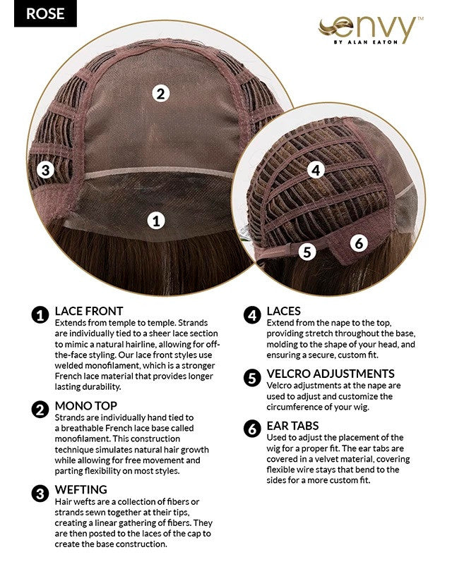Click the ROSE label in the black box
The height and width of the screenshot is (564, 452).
[45, 13]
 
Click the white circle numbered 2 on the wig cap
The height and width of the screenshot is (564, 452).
[160, 94]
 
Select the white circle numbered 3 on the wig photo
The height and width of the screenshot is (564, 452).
[45, 169]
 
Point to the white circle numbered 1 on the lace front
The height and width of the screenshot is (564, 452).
[156, 221]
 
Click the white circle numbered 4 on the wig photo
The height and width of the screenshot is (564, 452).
[316, 170]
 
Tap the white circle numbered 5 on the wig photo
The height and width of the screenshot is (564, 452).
[307, 252]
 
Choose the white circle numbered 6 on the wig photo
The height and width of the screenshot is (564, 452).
[359, 243]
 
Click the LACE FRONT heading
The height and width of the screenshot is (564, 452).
[89, 311]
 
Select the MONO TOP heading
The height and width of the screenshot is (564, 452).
[85, 406]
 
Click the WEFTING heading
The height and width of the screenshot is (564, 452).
[81, 489]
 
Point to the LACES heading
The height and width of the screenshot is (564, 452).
[283, 311]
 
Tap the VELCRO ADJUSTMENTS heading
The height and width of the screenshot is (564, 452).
[331, 374]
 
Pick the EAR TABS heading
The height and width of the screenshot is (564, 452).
[292, 426]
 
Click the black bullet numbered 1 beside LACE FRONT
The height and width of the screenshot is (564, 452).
[40, 315]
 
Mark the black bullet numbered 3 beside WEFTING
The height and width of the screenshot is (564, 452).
[40, 493]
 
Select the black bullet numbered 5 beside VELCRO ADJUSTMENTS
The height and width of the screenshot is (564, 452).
[252, 378]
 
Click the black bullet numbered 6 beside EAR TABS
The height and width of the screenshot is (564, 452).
[252, 429]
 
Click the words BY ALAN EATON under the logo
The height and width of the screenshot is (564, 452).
[366, 42]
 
